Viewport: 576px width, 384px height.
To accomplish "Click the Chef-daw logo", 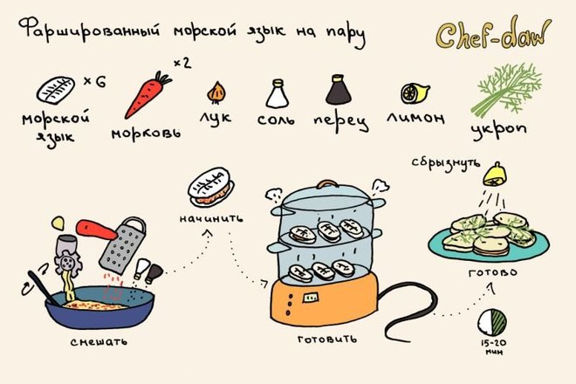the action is [x=493, y=34].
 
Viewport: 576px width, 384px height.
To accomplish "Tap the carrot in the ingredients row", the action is [x=147, y=95].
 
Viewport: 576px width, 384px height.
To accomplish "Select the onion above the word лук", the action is [x=216, y=93].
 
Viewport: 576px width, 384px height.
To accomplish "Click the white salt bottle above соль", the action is [x=278, y=93].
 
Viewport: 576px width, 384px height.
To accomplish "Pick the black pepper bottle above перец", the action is [x=338, y=90].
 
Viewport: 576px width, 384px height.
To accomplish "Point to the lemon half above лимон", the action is [x=415, y=93].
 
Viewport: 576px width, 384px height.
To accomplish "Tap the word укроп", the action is [x=499, y=129].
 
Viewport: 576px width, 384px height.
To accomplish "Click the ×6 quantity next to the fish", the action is [x=95, y=81].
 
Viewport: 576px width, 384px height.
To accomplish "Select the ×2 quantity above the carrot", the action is [x=182, y=63].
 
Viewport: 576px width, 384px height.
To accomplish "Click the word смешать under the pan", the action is [x=99, y=342].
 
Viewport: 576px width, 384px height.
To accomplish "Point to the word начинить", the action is [x=211, y=219].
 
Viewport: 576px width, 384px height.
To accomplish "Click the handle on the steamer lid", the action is [x=327, y=183].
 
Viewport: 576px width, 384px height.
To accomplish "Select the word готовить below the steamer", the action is [x=327, y=339].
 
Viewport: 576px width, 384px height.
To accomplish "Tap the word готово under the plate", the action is [x=493, y=273].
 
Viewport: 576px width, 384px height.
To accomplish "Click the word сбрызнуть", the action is [x=446, y=163].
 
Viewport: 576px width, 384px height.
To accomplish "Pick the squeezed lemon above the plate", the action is [x=495, y=175].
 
